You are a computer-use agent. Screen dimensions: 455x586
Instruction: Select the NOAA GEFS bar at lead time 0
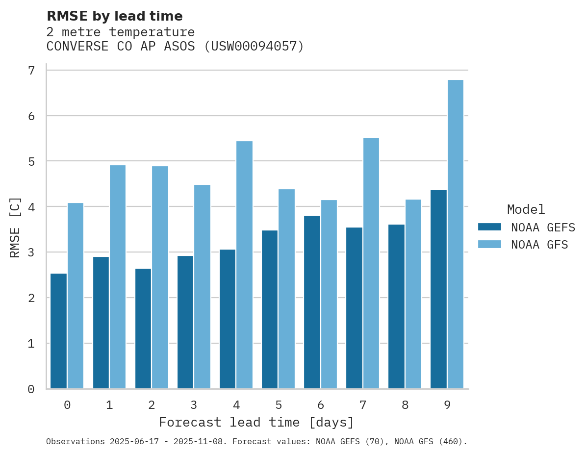pos(59,331)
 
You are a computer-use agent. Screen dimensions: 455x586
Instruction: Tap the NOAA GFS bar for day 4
pos(244,265)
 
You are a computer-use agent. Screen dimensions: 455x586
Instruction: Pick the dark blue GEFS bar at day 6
pos(312,302)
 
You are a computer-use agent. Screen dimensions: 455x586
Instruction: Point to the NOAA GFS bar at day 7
pos(371,263)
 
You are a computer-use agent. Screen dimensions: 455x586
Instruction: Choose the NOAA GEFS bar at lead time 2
pos(143,329)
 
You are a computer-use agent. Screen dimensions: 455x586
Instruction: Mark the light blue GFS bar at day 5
pos(286,289)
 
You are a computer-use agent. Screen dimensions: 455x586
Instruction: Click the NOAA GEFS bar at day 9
pos(438,289)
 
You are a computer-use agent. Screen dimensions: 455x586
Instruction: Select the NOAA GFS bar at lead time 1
pos(118,277)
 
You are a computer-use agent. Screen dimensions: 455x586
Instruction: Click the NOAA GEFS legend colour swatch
pos(489,227)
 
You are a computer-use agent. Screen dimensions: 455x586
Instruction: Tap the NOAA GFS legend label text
pos(539,245)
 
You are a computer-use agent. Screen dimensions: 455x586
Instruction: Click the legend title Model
pos(526,210)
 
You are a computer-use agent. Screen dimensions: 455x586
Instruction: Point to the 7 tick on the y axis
pos(31,71)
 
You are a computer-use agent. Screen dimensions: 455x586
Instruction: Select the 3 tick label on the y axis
pos(31,253)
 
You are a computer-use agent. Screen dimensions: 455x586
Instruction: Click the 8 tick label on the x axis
pos(405,405)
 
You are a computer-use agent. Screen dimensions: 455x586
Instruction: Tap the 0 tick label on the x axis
pos(67,405)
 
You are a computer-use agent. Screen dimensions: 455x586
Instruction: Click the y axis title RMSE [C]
pos(16,227)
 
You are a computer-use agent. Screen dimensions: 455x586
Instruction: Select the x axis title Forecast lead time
pos(256,423)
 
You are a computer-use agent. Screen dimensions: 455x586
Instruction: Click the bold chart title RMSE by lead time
pos(114,16)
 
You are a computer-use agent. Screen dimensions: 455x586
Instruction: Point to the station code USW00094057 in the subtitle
pos(254,47)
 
